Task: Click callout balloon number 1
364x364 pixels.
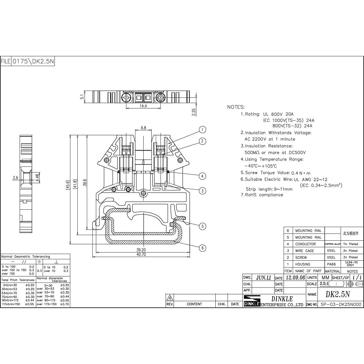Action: (x=202, y=130)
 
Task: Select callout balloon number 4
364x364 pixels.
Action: (x=202, y=176)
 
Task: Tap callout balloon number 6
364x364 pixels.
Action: (x=202, y=248)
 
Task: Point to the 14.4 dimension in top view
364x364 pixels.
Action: (x=143, y=106)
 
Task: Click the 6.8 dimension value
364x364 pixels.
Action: (x=143, y=128)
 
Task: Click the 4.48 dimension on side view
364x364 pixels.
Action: (x=38, y=178)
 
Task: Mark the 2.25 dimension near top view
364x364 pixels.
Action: (x=194, y=112)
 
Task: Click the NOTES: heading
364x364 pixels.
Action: (x=236, y=107)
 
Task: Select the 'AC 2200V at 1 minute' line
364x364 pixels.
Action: (x=270, y=139)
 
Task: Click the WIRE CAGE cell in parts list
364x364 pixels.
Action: (x=304, y=251)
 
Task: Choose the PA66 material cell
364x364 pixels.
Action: (x=331, y=264)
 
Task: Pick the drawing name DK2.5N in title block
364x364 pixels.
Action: (x=337, y=294)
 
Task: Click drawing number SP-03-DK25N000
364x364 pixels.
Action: (x=341, y=304)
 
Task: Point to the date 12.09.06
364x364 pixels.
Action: (x=295, y=278)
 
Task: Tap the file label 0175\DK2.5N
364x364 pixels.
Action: (x=33, y=61)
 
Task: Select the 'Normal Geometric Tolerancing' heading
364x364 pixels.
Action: (x=26, y=256)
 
